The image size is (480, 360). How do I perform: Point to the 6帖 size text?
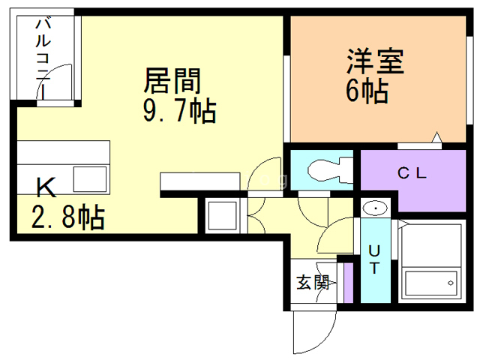366,91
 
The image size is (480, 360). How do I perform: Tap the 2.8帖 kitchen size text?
67,217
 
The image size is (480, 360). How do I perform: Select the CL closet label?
412,173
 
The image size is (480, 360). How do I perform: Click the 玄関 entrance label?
312,283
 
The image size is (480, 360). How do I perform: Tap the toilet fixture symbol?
325,169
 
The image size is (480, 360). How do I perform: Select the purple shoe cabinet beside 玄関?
347,282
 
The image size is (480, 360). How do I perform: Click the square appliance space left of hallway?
223,216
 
